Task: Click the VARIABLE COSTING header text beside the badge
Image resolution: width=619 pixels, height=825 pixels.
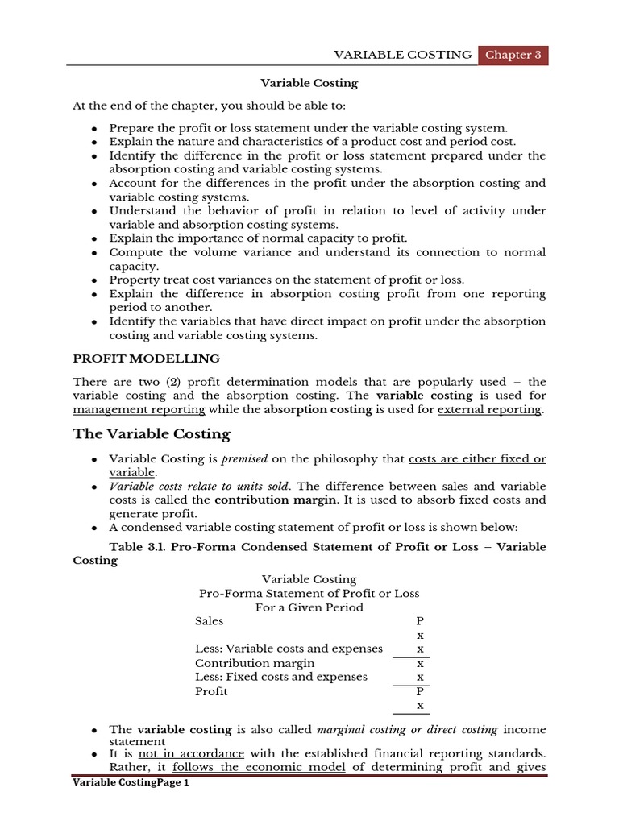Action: [403, 55]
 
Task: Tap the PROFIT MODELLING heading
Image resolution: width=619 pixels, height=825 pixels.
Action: [146, 359]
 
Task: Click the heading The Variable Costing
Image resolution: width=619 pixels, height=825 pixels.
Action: [152, 434]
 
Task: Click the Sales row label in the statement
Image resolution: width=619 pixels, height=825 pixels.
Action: [210, 621]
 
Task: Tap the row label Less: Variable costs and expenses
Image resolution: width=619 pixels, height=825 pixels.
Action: [278, 649]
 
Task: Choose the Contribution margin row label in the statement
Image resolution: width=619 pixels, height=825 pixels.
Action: [255, 663]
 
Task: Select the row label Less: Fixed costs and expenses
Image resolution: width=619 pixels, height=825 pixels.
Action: [281, 677]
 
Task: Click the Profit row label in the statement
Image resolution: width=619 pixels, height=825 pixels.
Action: [211, 691]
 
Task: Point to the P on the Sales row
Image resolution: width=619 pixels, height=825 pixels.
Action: [419, 621]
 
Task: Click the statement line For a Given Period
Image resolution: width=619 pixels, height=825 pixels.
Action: [309, 607]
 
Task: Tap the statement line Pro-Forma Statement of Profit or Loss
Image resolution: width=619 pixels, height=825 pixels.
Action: [309, 594]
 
